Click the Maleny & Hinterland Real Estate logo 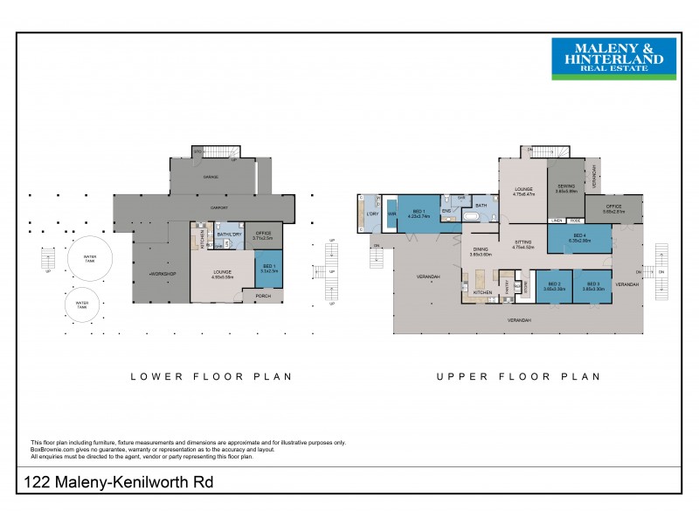pyautogui.click(x=606, y=59)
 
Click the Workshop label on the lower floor pyautogui.click(x=163, y=275)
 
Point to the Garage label pyautogui.click(x=211, y=177)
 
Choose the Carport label pyautogui.click(x=219, y=208)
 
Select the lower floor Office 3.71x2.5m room pyautogui.click(x=263, y=235)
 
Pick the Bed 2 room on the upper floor pyautogui.click(x=553, y=286)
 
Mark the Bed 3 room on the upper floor pyautogui.click(x=594, y=286)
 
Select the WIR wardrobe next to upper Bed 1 pyautogui.click(x=391, y=213)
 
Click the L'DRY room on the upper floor pyautogui.click(x=370, y=213)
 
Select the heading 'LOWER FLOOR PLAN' pyautogui.click(x=211, y=377)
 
